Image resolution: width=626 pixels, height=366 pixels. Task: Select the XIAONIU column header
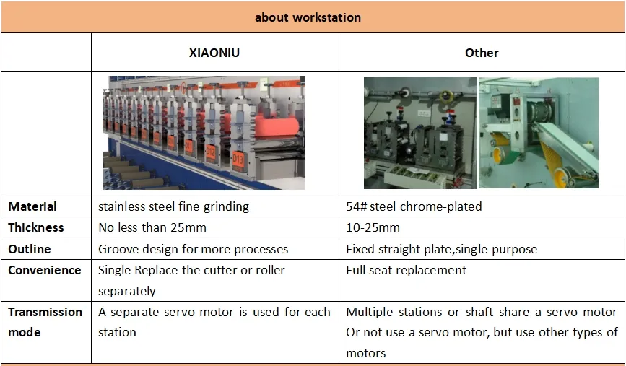[214, 53]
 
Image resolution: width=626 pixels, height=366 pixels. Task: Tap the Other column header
[482, 53]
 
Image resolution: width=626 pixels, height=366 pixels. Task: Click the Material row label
[32, 206]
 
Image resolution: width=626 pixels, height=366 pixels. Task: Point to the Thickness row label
[36, 227]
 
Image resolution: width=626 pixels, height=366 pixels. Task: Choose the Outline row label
[30, 249]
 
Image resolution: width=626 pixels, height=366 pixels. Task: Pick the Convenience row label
[45, 270]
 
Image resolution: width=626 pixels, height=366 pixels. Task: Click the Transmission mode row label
[45, 322]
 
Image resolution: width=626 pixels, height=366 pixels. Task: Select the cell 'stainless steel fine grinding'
[173, 206]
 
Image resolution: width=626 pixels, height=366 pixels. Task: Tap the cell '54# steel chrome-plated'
[414, 206]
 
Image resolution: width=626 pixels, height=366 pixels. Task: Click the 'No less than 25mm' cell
[152, 227]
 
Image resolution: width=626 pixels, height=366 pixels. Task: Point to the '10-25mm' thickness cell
[373, 227]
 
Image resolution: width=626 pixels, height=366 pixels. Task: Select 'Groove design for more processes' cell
[193, 249]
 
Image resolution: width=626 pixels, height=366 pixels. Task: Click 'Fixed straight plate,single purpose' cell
[441, 249]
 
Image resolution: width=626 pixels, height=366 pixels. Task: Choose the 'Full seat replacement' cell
[406, 270]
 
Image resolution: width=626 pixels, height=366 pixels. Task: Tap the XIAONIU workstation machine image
[204, 133]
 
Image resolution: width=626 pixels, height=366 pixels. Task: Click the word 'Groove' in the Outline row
[118, 249]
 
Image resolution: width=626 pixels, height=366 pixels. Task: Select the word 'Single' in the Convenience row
[115, 270]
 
